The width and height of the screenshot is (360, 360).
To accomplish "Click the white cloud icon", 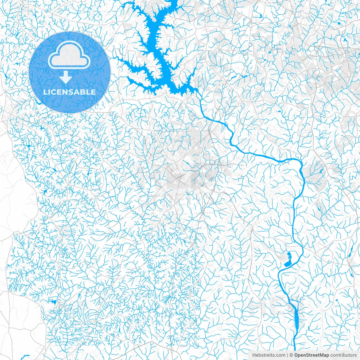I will (69, 56).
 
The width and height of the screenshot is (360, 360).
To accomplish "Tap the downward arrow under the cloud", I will (66, 77).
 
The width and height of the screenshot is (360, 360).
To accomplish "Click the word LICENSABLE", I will (69, 92).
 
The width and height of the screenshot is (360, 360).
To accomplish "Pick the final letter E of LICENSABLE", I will (93, 92).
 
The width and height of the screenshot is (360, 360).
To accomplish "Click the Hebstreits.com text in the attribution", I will (269, 355).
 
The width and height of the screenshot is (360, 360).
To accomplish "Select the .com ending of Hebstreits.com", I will (280, 355).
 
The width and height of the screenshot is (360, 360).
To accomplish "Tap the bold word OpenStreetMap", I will (312, 355).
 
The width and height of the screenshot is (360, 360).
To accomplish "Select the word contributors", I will (343, 355).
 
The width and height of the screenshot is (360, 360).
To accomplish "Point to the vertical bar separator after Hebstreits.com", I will (287, 355).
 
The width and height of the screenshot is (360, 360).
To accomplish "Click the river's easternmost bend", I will (304, 180).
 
